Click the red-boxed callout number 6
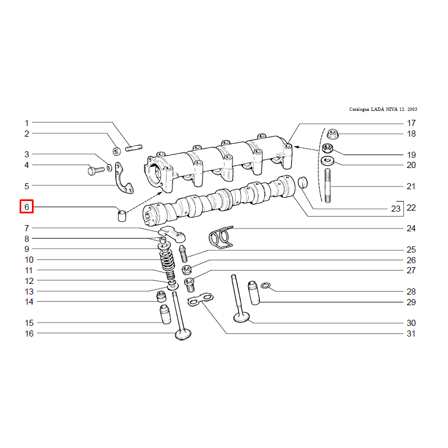(26, 207)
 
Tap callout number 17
(411, 123)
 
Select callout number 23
(396, 209)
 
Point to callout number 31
(411, 333)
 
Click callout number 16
(29, 333)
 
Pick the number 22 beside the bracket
(411, 207)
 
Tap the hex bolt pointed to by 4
(96, 171)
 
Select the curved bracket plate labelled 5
(124, 179)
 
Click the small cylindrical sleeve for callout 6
(122, 216)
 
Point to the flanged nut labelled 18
(332, 134)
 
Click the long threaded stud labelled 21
(328, 186)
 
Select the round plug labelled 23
(303, 183)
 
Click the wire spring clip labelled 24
(221, 237)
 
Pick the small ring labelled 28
(265, 286)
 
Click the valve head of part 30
(241, 318)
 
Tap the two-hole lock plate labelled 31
(200, 299)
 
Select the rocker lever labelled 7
(172, 234)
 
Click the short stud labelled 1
(134, 148)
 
